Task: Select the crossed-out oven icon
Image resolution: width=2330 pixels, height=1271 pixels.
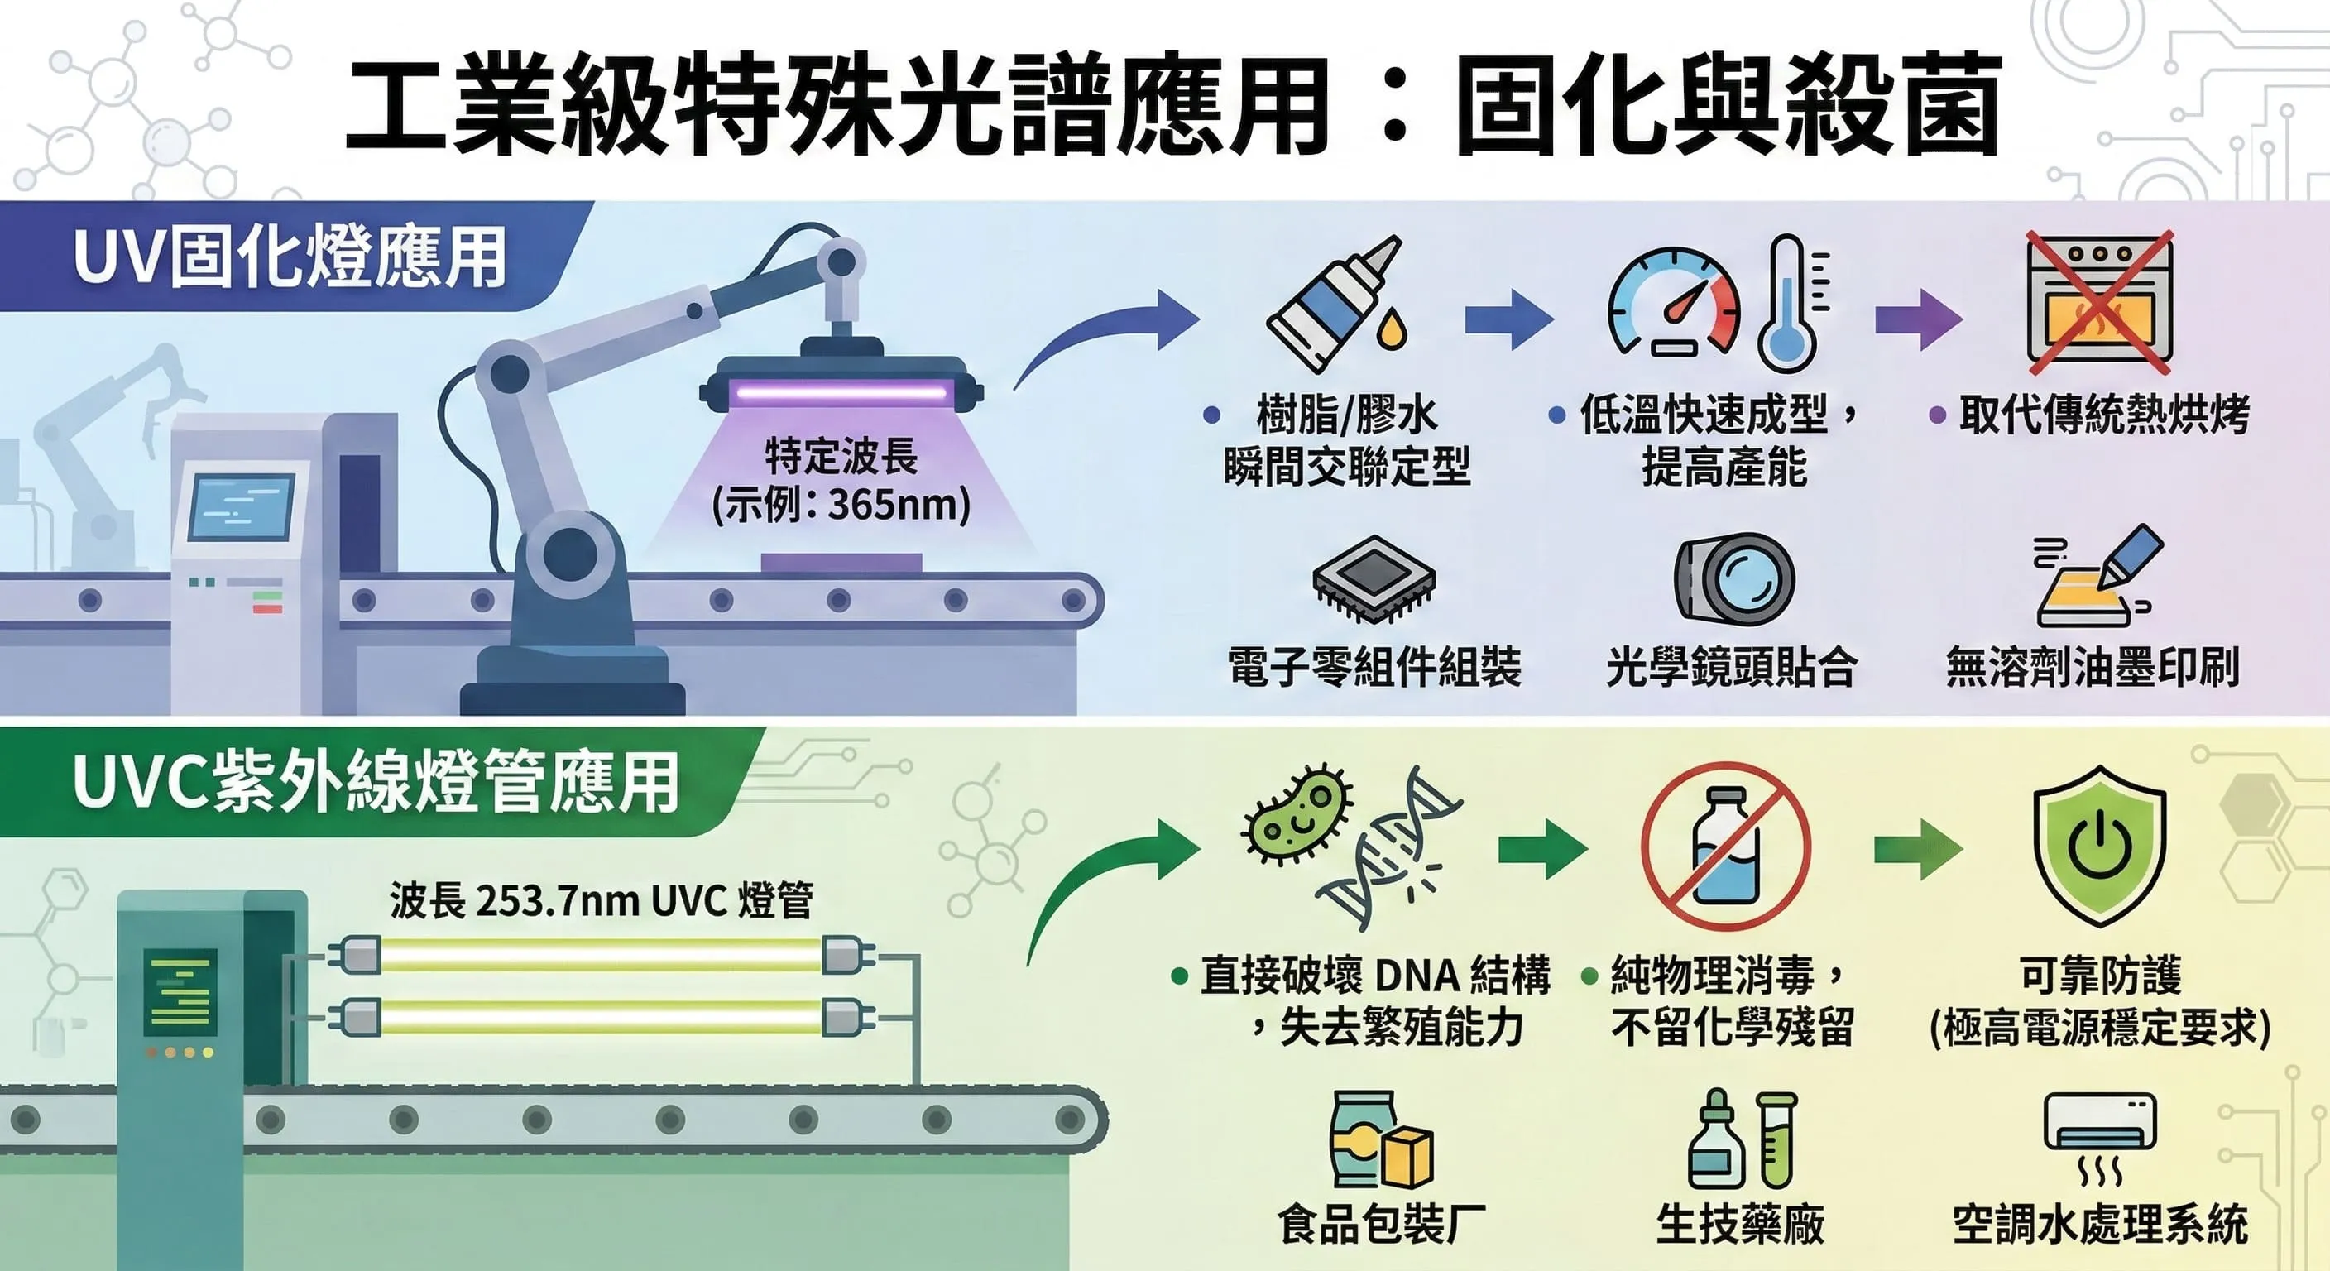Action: pos(2098,301)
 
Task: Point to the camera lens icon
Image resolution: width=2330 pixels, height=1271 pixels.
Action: pos(1735,579)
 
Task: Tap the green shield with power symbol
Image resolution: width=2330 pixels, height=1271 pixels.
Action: pos(2098,845)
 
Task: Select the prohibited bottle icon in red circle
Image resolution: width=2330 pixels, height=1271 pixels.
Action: pos(1725,847)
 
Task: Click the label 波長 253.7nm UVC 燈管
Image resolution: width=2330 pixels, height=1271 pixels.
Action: pos(602,901)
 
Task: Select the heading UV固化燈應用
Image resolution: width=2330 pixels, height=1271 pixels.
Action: pos(290,259)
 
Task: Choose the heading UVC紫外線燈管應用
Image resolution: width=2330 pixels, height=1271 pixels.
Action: pos(376,782)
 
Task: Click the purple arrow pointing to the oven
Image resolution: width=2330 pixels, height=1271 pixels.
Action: pos(1918,319)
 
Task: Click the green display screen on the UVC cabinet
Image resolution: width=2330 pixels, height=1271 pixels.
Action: pos(180,992)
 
